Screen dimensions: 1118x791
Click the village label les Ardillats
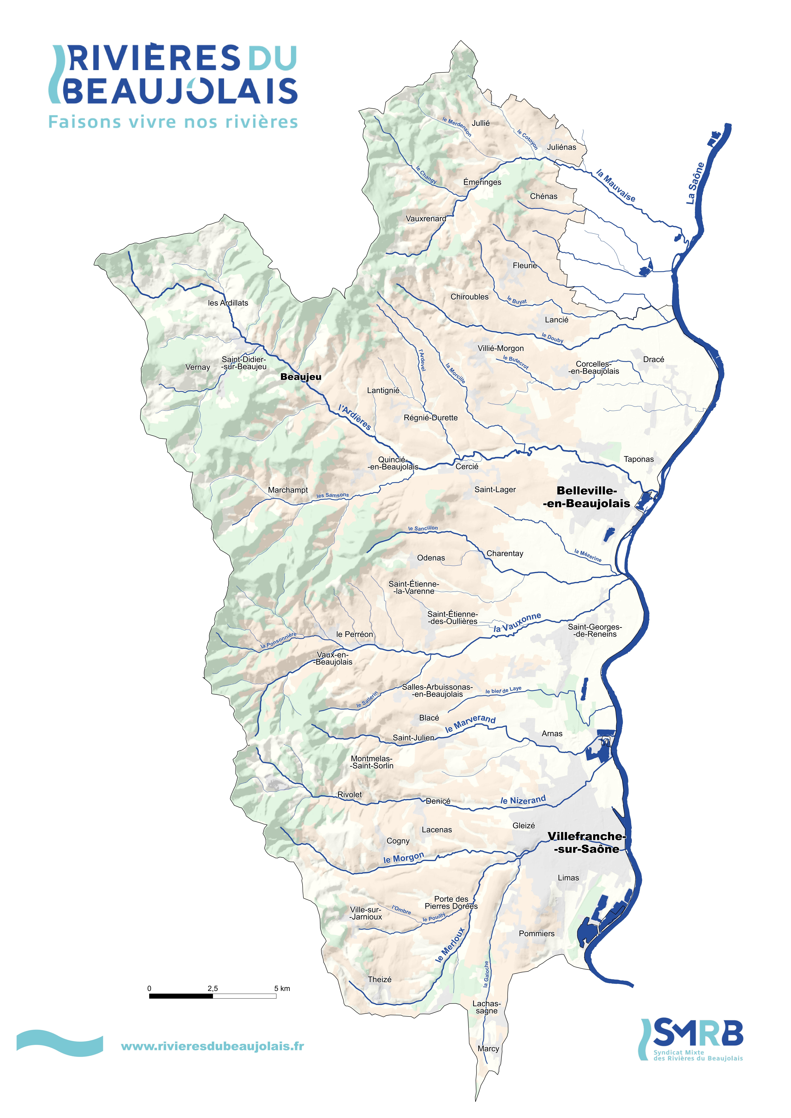(228, 303)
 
